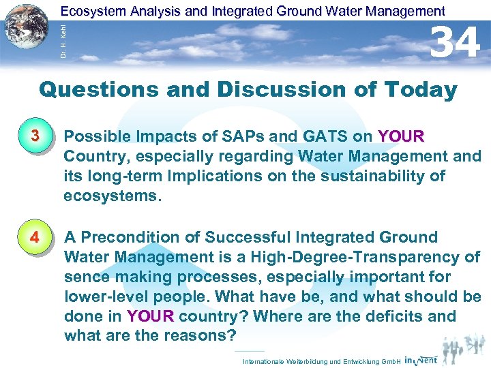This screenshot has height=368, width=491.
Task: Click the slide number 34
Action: pos(455,42)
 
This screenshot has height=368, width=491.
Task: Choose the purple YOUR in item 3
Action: pos(401,136)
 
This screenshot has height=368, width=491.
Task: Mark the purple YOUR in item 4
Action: pos(151,316)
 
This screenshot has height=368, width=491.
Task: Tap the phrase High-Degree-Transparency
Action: pos(355,257)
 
